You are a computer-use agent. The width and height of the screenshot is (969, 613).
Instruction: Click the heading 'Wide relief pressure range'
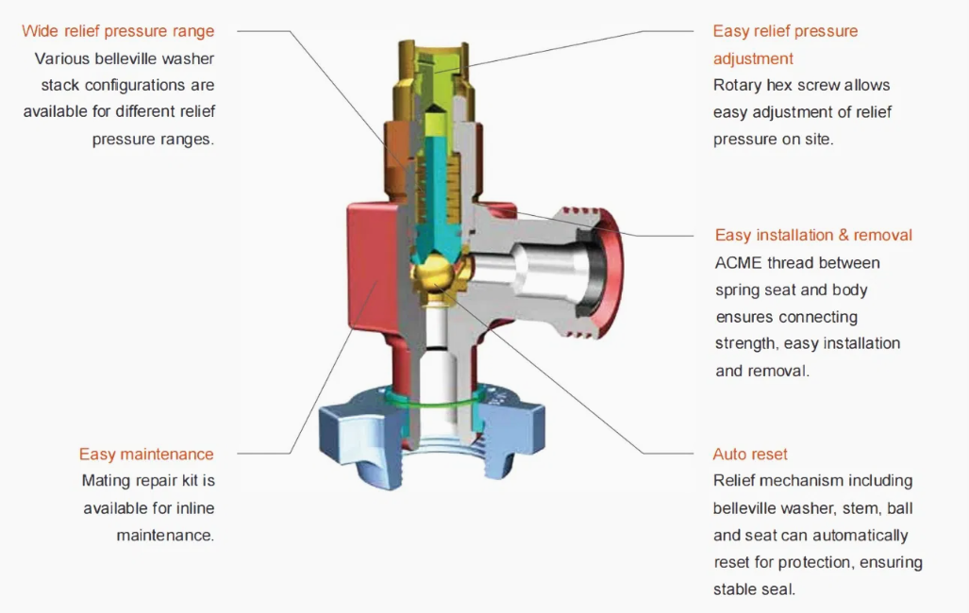pyautogui.click(x=118, y=31)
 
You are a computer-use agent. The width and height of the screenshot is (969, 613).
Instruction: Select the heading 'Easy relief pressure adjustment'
pyautogui.click(x=785, y=44)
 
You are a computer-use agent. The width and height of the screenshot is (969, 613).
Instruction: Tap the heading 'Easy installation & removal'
pyautogui.click(x=813, y=235)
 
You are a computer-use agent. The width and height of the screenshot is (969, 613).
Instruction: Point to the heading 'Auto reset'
pyautogui.click(x=750, y=455)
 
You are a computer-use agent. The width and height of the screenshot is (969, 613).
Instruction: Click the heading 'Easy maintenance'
pyautogui.click(x=146, y=455)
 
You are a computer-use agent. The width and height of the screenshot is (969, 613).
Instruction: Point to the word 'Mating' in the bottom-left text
pyautogui.click(x=106, y=481)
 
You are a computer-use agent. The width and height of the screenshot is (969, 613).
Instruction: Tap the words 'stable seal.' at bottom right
pyautogui.click(x=755, y=590)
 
